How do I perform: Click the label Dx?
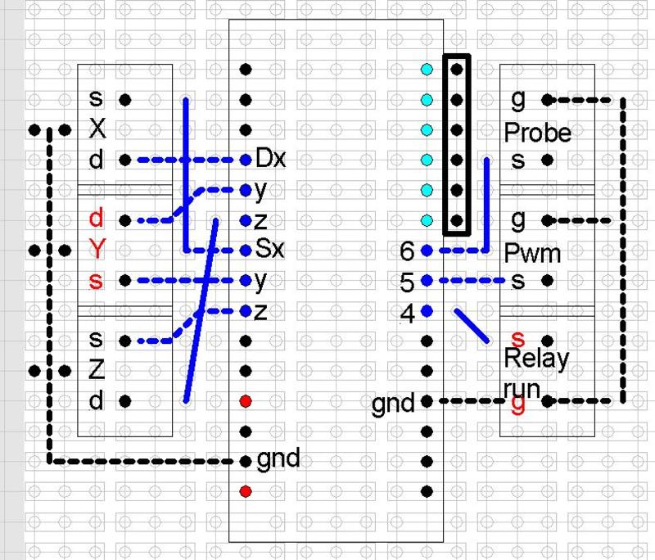(270, 158)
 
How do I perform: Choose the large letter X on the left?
(97, 129)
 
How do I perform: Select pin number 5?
(407, 282)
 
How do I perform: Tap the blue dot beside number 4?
(427, 310)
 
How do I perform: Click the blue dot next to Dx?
(246, 160)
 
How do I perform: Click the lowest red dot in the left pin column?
(246, 491)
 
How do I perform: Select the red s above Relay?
(517, 337)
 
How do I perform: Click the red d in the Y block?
(97, 219)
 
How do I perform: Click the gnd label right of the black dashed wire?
(278, 458)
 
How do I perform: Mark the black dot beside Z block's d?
(125, 401)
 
